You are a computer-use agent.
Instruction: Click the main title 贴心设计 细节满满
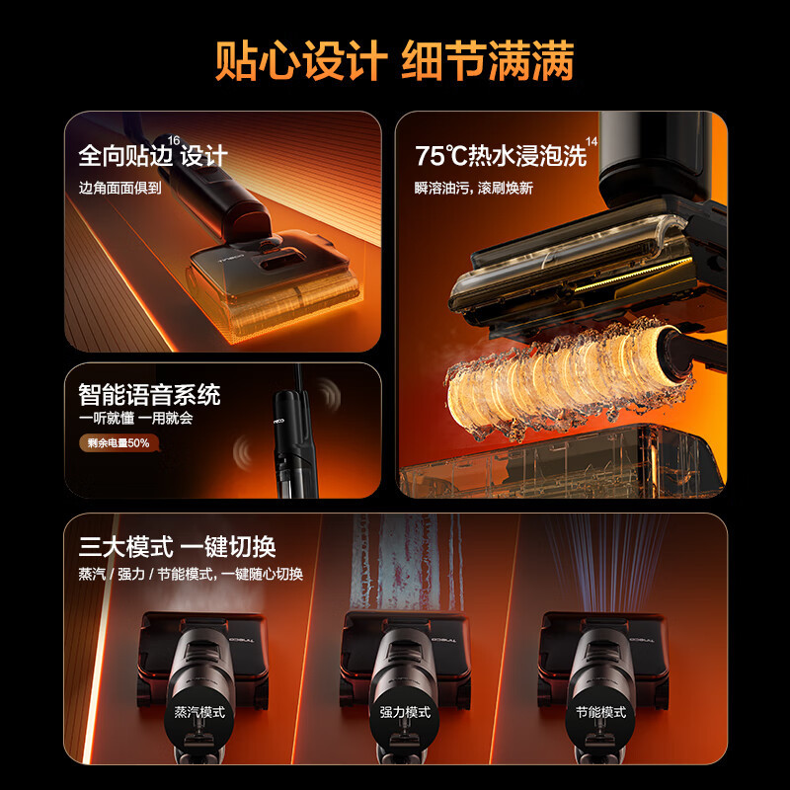point(395,61)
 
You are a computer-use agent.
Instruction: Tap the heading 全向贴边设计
point(152,155)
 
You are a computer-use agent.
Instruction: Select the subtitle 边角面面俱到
point(120,188)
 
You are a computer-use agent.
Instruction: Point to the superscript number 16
point(175,141)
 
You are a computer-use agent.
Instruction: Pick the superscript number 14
point(592,142)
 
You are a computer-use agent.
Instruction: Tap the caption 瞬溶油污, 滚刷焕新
point(474,188)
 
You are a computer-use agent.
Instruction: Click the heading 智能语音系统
point(149,395)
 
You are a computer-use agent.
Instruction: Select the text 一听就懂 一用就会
point(135,419)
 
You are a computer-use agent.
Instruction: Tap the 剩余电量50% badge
point(115,443)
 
